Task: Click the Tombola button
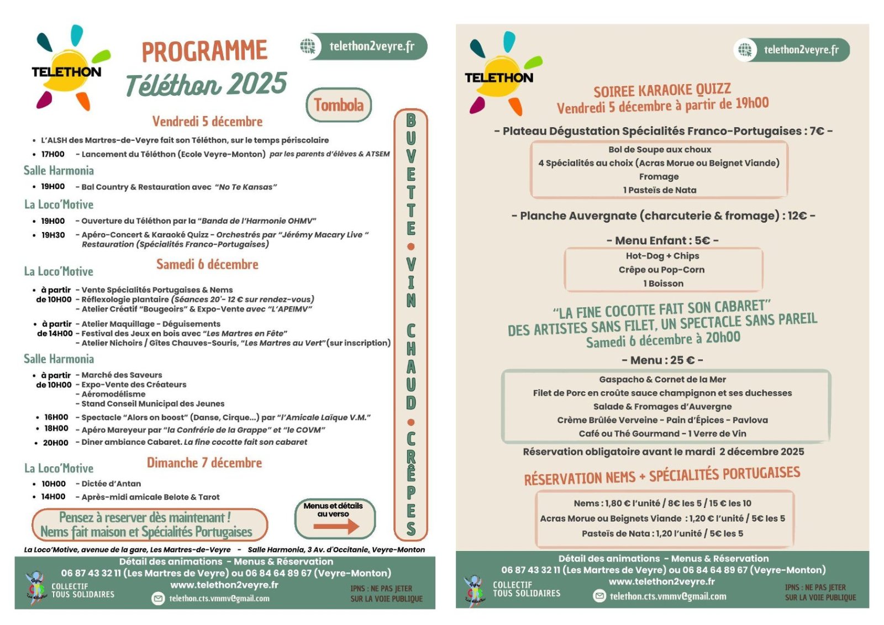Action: click(338, 105)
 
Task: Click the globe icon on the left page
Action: click(308, 46)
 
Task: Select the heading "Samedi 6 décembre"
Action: click(207, 265)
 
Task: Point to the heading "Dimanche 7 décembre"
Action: click(204, 463)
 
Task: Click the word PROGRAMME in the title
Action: click(204, 51)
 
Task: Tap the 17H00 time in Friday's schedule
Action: click(52, 154)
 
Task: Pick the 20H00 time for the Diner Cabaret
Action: click(55, 443)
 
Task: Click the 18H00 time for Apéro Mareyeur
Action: click(56, 429)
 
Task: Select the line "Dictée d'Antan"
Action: click(111, 484)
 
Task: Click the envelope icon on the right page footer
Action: click(599, 596)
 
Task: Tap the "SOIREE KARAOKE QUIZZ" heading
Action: click(662, 91)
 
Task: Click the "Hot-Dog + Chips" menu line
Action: click(662, 256)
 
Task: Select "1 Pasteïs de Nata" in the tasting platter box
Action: click(660, 190)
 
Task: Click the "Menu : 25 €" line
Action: click(662, 360)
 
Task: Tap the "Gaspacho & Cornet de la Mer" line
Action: click(662, 380)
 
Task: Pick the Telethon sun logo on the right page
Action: click(499, 75)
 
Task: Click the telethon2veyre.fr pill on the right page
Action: click(791, 50)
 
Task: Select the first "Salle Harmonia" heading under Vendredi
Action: click(59, 171)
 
